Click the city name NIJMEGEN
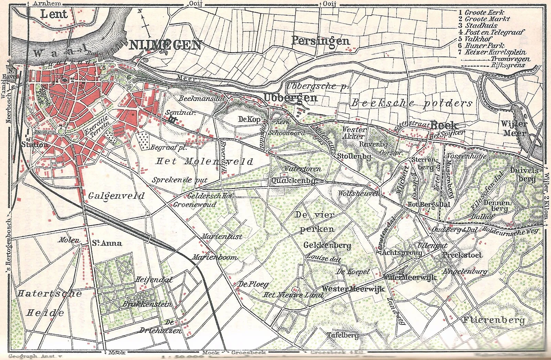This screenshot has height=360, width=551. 165,45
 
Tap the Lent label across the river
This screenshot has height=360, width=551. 54,14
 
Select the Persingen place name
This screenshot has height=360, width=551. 320,41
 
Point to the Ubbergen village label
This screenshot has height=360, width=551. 290,97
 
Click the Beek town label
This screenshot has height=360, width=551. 444,125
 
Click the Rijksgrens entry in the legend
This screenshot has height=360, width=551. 508,65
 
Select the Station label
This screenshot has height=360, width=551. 35,144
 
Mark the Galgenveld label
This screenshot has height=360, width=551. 116,196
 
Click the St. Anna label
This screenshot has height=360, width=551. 106,243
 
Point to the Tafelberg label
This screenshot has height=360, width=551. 342,335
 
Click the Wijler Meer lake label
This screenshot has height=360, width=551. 514,128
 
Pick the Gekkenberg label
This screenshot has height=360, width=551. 327,245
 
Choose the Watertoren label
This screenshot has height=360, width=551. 302,169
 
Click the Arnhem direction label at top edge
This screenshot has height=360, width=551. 47,3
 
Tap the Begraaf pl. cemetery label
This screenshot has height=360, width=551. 168,147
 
